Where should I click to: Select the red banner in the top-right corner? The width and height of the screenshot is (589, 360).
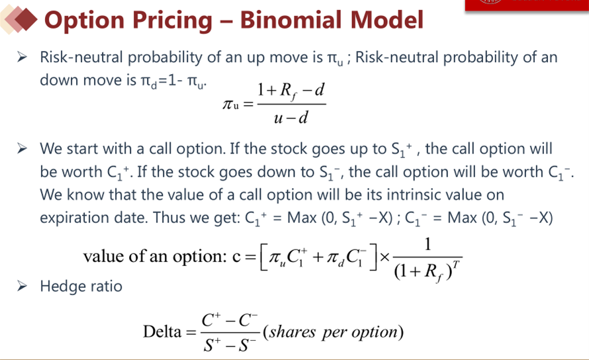pyautogui.click(x=527, y=5)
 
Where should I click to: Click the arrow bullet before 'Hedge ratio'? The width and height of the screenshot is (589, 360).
pyautogui.click(x=22, y=287)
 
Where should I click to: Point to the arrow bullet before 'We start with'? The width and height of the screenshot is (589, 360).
pyautogui.click(x=22, y=149)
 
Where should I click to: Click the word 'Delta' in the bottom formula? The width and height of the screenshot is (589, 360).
pyautogui.click(x=162, y=332)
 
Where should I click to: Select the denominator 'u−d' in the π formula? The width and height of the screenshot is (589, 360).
pyautogui.click(x=291, y=118)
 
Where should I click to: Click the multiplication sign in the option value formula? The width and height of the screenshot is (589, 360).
pyautogui.click(x=385, y=257)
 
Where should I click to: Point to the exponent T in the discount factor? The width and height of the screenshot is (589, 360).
pyautogui.click(x=456, y=265)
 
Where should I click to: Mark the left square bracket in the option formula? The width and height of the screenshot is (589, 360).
pyautogui.click(x=263, y=257)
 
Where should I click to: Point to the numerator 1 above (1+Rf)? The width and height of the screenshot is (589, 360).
pyautogui.click(x=428, y=245)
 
